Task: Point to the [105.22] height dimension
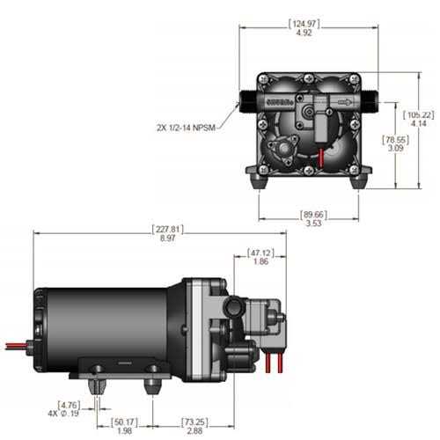tap(419, 116)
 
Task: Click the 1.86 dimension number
tap(260, 261)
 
